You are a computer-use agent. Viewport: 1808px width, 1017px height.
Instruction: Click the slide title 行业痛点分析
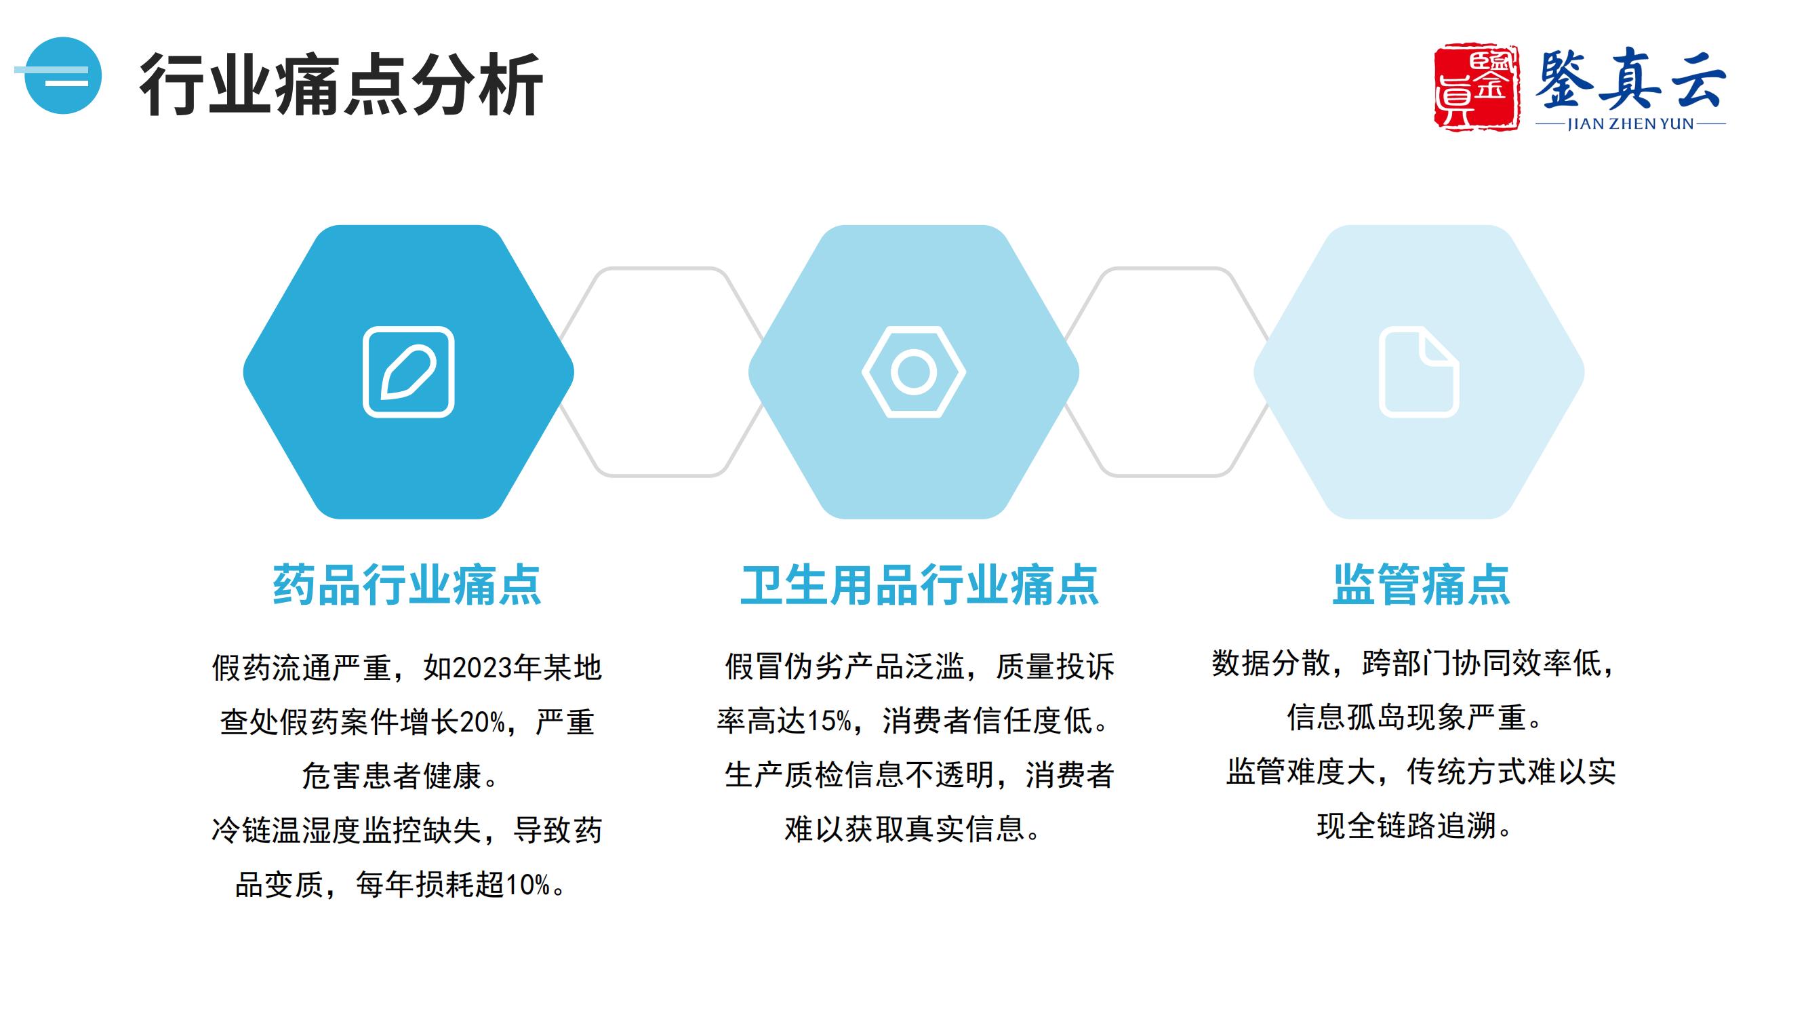click(x=341, y=84)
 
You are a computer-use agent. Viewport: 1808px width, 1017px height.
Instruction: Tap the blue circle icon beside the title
click(x=62, y=76)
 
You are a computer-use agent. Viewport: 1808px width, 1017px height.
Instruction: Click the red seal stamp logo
click(x=1476, y=87)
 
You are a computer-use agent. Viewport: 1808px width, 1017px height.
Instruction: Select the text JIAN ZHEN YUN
click(x=1630, y=123)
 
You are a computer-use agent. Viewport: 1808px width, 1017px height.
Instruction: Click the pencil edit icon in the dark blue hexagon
click(x=409, y=372)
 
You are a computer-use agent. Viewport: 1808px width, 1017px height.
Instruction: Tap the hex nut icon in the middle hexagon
click(x=914, y=372)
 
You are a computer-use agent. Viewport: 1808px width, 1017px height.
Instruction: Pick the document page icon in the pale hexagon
click(x=1419, y=372)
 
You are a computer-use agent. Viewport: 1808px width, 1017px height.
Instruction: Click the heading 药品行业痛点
click(x=407, y=584)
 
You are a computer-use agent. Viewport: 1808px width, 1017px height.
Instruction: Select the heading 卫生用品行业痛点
click(x=919, y=584)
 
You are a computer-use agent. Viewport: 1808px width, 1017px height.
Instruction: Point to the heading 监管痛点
click(x=1422, y=584)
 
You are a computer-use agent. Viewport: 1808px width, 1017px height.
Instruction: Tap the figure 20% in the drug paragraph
click(x=483, y=721)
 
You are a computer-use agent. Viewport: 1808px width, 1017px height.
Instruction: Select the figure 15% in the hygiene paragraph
click(x=829, y=721)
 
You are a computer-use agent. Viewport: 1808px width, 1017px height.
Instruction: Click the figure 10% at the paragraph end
click(x=528, y=885)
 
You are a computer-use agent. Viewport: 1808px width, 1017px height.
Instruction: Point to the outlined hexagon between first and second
click(x=660, y=372)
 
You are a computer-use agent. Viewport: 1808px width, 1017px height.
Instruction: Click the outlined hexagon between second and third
click(x=1167, y=372)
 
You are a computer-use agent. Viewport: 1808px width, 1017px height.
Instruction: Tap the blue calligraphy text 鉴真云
click(x=1630, y=79)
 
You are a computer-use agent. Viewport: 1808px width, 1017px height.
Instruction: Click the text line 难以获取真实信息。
click(x=913, y=829)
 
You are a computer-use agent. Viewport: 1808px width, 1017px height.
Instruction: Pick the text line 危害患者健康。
click(x=401, y=776)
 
